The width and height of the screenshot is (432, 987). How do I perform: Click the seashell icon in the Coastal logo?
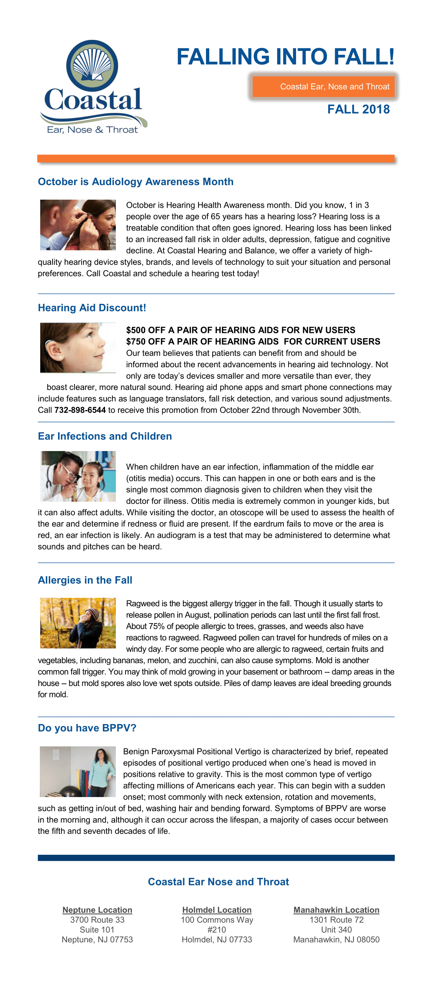(92, 65)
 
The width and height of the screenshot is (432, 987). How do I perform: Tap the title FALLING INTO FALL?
(285, 57)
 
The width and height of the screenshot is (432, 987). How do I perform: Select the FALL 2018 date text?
(358, 109)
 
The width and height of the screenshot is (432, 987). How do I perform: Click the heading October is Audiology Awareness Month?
(136, 182)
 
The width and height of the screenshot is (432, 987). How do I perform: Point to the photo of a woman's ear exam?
(78, 225)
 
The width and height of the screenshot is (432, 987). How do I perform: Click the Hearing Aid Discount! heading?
(92, 308)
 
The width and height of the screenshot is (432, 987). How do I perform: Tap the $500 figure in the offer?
(135, 330)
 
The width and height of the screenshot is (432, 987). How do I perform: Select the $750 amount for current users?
(135, 342)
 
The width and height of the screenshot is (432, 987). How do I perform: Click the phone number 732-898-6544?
(80, 410)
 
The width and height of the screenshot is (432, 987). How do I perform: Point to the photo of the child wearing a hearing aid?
(78, 347)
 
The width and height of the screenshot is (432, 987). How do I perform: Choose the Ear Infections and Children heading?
(105, 436)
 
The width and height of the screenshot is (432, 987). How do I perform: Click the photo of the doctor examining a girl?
(78, 476)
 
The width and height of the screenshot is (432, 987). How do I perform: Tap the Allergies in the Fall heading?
(85, 580)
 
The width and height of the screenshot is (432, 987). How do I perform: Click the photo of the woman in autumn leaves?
(78, 623)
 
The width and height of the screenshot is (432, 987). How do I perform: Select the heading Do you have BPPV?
(87, 728)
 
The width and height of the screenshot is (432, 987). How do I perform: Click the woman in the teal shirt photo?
(78, 772)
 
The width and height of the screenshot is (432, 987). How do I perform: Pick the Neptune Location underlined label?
(97, 910)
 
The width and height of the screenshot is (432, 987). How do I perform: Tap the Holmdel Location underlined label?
(217, 910)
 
